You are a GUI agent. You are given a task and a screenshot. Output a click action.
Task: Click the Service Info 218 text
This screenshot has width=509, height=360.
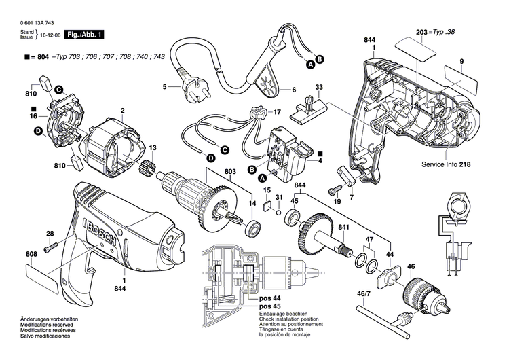point(446,165)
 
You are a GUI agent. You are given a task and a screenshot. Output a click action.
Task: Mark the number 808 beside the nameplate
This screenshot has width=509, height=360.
point(12,255)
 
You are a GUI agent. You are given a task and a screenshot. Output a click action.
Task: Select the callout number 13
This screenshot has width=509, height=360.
point(153,148)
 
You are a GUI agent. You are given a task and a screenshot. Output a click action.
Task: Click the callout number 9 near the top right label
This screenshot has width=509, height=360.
point(461,62)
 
